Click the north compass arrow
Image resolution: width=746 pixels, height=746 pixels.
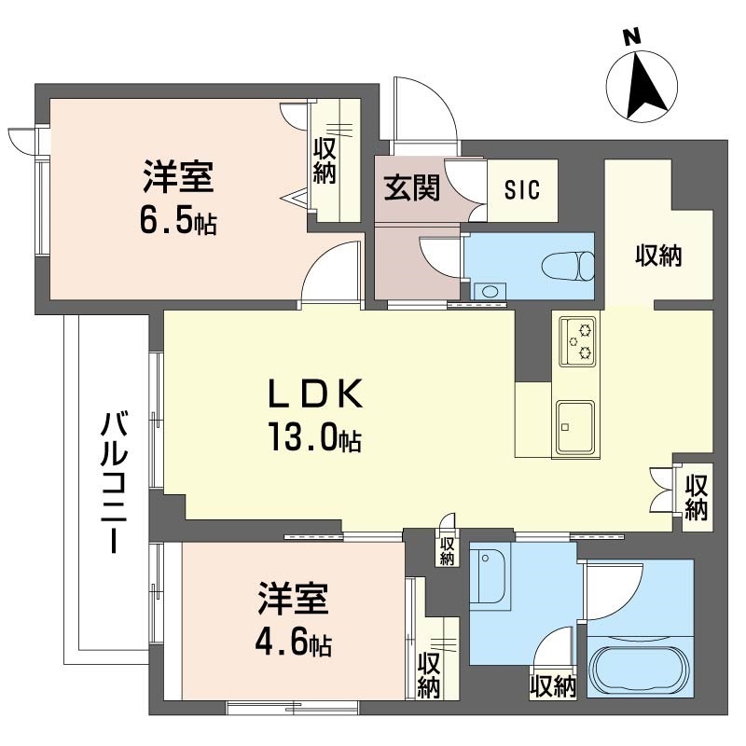coord(643,86)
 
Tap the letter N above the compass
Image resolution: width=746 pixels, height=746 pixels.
coord(631,36)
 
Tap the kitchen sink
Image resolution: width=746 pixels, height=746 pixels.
coord(575,426)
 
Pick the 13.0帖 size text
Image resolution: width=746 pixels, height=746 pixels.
coord(315,438)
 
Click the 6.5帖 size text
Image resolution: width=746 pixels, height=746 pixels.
coord(180,221)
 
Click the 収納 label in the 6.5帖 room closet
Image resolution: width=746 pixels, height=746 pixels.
coord(325,160)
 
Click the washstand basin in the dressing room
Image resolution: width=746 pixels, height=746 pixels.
coord(490,580)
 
